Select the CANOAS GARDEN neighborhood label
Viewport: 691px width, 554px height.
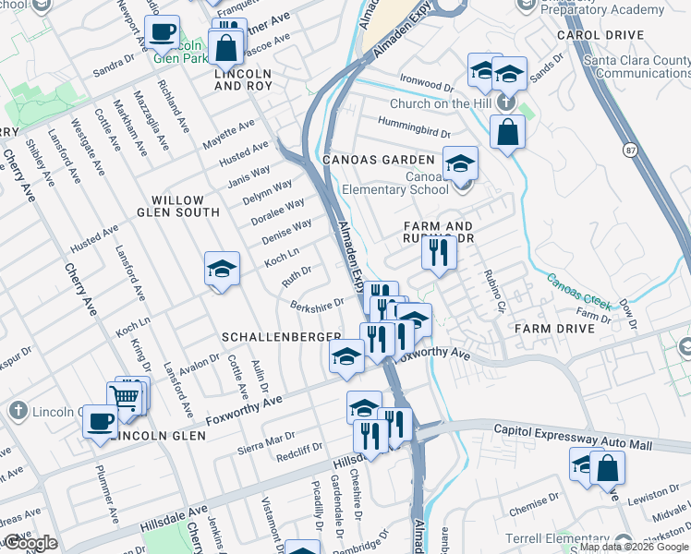378,160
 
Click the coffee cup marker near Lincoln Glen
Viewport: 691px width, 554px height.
101,421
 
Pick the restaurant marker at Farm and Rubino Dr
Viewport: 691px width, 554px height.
439,251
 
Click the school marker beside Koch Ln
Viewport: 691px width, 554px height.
222,269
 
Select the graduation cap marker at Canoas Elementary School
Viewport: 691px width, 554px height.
460,163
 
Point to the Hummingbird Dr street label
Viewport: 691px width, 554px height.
413,128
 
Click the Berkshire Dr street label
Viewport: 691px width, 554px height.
317,304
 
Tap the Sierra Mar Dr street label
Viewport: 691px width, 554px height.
265,439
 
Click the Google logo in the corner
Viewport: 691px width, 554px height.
30,543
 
